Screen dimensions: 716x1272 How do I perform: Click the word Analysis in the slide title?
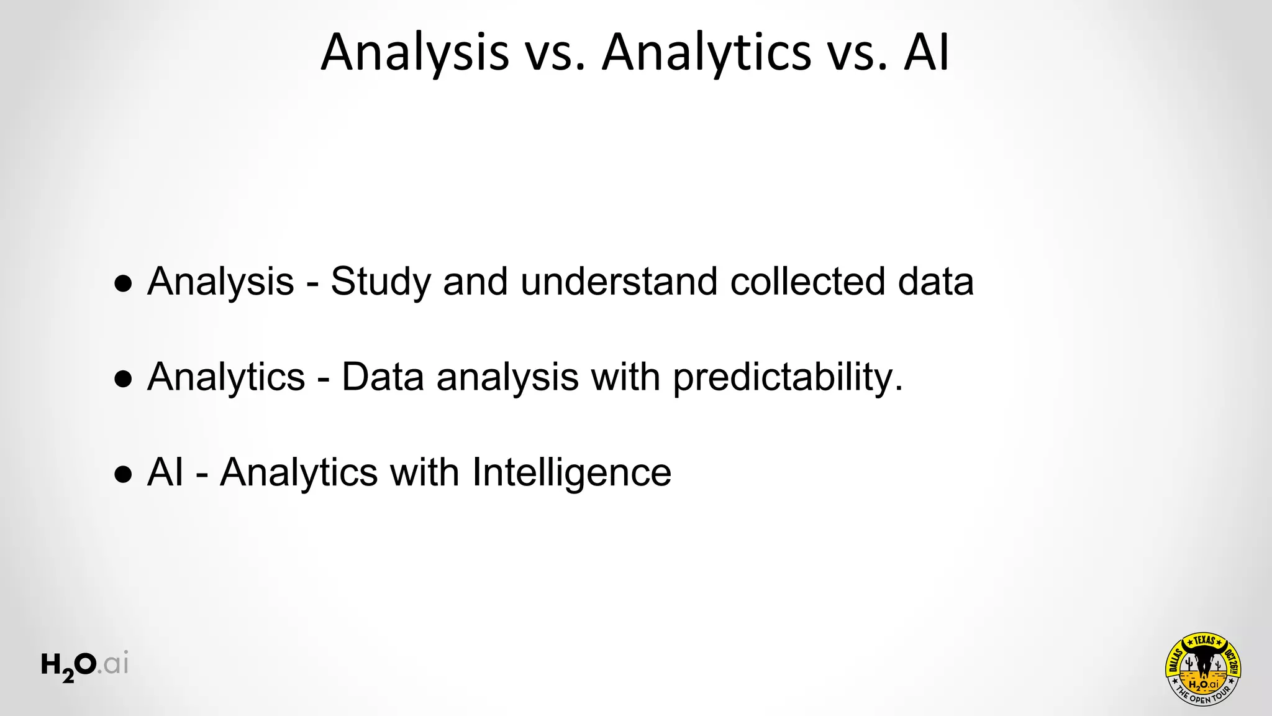point(414,53)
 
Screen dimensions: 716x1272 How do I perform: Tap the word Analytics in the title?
point(707,53)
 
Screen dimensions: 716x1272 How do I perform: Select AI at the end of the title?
point(926,53)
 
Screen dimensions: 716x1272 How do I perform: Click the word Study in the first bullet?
point(380,282)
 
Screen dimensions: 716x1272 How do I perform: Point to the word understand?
point(619,282)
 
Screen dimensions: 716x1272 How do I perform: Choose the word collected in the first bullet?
point(807,282)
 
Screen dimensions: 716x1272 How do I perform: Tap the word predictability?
point(788,377)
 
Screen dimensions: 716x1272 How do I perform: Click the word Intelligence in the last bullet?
point(571,472)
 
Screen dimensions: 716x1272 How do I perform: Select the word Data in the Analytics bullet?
point(383,377)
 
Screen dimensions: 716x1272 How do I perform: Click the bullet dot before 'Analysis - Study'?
point(124,284)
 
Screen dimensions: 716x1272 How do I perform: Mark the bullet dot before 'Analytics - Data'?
point(124,380)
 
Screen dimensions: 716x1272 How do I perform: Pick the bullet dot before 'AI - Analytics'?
point(124,475)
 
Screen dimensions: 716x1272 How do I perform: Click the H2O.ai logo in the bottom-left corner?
point(84,666)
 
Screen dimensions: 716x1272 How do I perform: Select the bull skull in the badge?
point(1204,661)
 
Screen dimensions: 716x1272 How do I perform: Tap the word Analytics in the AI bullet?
point(299,472)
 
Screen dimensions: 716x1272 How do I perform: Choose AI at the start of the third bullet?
point(165,472)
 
